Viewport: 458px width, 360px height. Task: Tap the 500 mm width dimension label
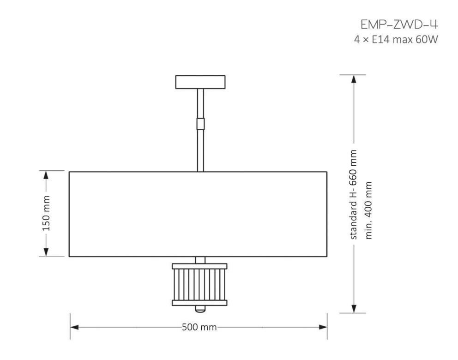coord(199,327)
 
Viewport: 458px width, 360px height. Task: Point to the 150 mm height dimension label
coord(46,213)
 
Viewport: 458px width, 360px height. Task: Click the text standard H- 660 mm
coord(354,194)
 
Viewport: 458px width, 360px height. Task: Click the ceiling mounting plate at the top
coord(200,82)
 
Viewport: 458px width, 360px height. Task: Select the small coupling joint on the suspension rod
coord(200,124)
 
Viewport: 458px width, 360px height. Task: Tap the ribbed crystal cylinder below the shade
coord(199,284)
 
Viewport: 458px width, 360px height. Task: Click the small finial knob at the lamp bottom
coord(199,308)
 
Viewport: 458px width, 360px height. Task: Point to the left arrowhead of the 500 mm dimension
coord(74,327)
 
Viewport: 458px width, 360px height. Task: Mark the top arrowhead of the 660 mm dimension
coord(354,79)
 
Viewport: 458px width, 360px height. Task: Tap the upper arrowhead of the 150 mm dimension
coord(46,175)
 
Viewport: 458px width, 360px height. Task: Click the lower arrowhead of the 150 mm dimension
coord(46,252)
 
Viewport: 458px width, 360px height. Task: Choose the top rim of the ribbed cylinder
coord(199,266)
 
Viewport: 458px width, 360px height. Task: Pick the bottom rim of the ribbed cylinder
coord(199,303)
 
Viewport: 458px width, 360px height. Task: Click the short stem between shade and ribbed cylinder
coord(199,260)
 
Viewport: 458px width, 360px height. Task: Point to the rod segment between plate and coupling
coord(200,103)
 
